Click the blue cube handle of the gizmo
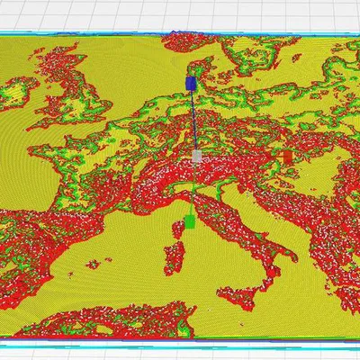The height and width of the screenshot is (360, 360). click(190, 84)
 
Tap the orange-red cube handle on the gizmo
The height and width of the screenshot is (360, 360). click(287, 157)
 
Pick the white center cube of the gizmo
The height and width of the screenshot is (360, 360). click(197, 157)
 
